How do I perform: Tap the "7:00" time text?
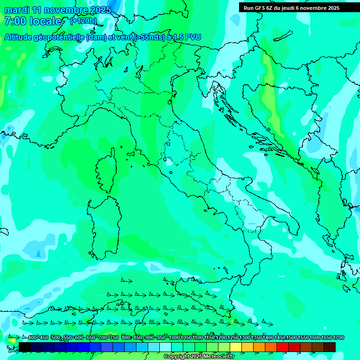click(15, 21)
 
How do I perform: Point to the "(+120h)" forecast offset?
click(83, 21)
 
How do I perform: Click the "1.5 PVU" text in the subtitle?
click(187, 37)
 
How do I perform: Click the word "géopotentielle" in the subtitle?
click(59, 37)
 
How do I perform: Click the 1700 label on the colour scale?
click(338, 338)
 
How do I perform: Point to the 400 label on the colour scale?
click(32, 338)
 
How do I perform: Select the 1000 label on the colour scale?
click(174, 338)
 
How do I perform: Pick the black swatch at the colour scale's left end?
click(25, 347)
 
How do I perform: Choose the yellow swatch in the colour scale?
click(236, 347)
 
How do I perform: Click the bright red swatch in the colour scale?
click(283, 347)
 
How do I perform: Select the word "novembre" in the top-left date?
click(63, 10)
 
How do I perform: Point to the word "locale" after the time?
click(46, 21)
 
